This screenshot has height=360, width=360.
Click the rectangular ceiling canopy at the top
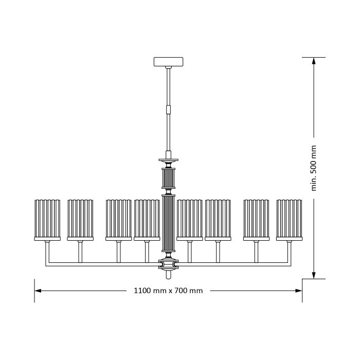click(x=169, y=62)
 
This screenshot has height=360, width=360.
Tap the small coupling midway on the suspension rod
click(x=169, y=110)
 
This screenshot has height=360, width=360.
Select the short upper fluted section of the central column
click(x=169, y=178)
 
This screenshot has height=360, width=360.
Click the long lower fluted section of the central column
click(x=169, y=223)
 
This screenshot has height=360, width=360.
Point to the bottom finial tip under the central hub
click(x=169, y=274)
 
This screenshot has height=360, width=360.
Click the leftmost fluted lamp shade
click(x=47, y=220)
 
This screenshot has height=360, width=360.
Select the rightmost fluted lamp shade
click(x=289, y=220)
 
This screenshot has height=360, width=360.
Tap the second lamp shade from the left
click(x=80, y=220)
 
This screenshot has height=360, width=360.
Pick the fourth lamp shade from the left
click(x=147, y=220)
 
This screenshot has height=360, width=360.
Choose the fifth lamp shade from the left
click(x=190, y=220)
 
